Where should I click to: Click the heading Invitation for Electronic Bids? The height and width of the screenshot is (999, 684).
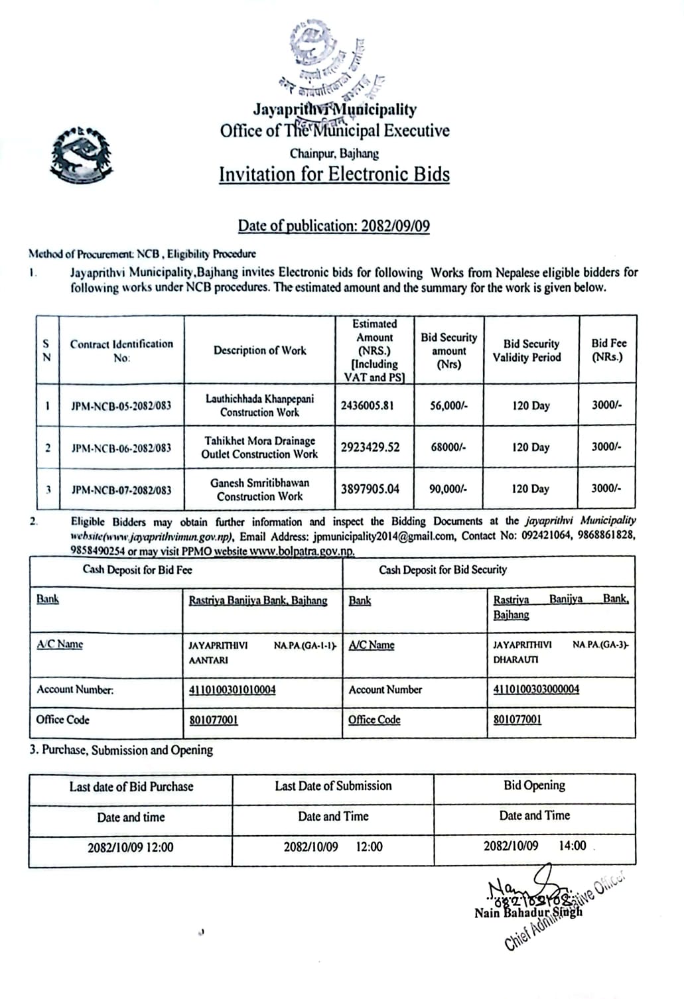point(334,174)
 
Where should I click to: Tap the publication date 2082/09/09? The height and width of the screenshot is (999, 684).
point(395,226)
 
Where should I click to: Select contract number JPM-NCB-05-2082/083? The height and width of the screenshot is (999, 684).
point(121,405)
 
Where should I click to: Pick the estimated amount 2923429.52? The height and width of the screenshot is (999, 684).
point(370,447)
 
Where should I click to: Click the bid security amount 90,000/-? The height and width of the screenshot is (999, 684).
point(448,489)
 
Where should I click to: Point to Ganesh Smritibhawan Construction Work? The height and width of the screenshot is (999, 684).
point(260,490)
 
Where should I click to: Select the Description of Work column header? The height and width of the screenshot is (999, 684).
point(260,350)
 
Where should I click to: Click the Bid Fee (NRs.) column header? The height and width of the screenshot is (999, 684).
point(608,350)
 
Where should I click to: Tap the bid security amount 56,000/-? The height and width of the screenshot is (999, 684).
point(448,405)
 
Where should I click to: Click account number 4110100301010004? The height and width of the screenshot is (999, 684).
point(232,690)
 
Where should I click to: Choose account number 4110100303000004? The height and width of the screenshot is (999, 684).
point(536,689)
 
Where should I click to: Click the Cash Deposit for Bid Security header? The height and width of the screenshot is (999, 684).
point(443,570)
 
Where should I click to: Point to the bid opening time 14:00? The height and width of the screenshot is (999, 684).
point(572,846)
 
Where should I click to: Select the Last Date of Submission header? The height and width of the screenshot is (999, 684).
point(333,786)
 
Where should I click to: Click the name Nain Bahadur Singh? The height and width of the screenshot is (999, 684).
point(528,912)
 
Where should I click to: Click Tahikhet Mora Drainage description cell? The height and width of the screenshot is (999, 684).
point(260,448)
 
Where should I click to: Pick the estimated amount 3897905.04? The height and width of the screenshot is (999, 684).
point(370,489)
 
